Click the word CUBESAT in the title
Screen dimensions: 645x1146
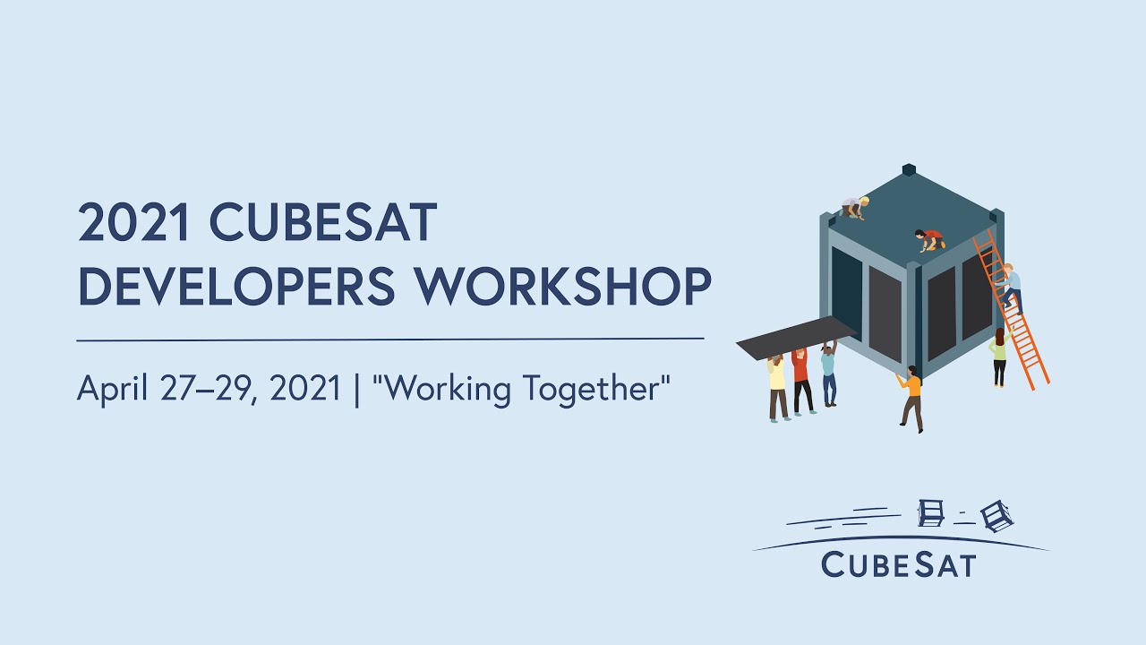pyautogui.click(x=323, y=224)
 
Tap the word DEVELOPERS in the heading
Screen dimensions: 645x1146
pyautogui.click(x=236, y=287)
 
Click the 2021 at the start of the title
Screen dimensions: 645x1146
pyautogui.click(x=135, y=224)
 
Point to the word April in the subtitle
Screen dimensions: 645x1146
pyautogui.click(x=111, y=390)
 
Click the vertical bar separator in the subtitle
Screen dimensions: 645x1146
pyautogui.click(x=358, y=390)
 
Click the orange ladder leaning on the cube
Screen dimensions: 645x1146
pyautogui.click(x=1021, y=331)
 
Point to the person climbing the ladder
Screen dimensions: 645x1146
pyautogui.click(x=1009, y=285)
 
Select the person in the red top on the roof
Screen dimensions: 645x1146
pyautogui.click(x=931, y=239)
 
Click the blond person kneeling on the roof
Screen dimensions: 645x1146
pyautogui.click(x=855, y=207)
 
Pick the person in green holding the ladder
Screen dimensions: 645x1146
pyautogui.click(x=998, y=357)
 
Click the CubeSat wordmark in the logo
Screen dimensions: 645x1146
pyautogui.click(x=898, y=564)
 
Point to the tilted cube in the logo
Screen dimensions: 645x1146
pyautogui.click(x=996, y=515)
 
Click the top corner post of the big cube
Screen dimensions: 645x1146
pyautogui.click(x=909, y=169)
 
